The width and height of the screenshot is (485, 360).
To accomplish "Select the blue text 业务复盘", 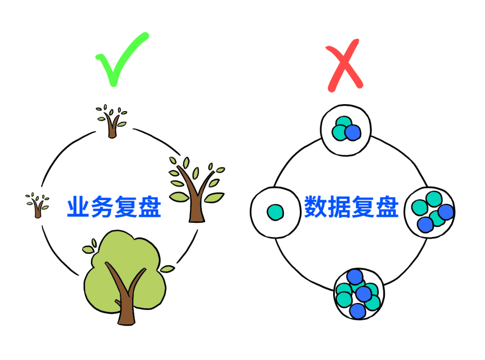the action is pyautogui.click(x=114, y=208).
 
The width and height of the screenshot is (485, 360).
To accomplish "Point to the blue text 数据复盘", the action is pyautogui.click(x=351, y=207).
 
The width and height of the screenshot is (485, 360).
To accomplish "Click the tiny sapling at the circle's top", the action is pyautogui.click(x=111, y=120).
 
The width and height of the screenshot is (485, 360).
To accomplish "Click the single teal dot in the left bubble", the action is pyautogui.click(x=275, y=212).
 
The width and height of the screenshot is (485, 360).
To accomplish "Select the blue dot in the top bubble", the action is pyautogui.click(x=353, y=132).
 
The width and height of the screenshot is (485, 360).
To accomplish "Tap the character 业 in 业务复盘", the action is pyautogui.click(x=79, y=208).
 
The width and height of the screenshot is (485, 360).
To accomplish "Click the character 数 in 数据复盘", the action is pyautogui.click(x=316, y=207).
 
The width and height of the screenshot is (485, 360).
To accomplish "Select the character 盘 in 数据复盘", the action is pyautogui.click(x=387, y=207).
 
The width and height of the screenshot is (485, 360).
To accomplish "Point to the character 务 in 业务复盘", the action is pyautogui.click(x=102, y=208).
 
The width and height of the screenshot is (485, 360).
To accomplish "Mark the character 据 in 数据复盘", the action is pyautogui.click(x=339, y=207).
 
